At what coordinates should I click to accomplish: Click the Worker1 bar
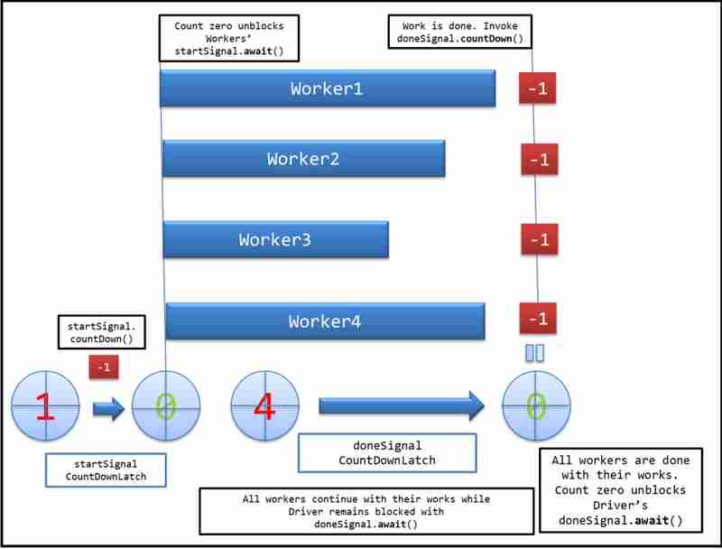(328, 88)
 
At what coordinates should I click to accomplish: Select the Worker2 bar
(303, 159)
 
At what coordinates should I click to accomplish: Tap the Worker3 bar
(275, 240)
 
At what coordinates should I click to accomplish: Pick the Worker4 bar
(325, 321)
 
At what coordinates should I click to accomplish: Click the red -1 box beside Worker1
(539, 89)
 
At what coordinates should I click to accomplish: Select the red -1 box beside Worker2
(539, 160)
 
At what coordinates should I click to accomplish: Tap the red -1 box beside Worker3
(539, 240)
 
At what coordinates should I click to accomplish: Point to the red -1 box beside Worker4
(539, 319)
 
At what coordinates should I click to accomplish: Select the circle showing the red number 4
(264, 407)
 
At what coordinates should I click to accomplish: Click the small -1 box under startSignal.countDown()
(104, 368)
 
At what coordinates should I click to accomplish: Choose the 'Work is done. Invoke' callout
(459, 33)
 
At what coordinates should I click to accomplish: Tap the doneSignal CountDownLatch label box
(386, 452)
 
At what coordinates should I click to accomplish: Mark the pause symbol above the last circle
(534, 352)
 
